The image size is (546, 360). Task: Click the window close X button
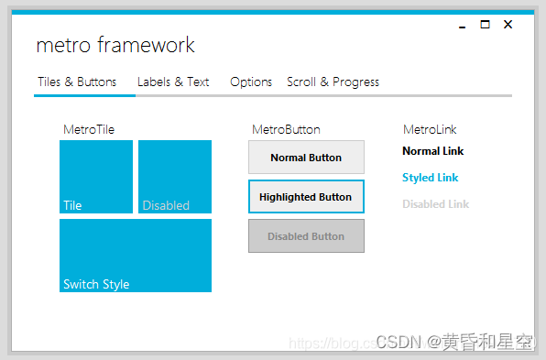(508, 25)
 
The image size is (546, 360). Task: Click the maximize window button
(486, 25)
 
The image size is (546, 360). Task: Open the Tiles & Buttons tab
(77, 82)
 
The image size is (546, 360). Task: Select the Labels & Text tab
(173, 82)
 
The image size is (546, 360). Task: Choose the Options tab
(251, 82)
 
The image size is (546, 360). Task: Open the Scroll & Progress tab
(333, 82)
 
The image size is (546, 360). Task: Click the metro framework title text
(115, 45)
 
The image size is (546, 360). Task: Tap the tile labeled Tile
(96, 177)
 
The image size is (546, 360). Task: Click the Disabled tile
(175, 177)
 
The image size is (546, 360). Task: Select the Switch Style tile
(136, 256)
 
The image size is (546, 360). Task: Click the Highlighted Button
(306, 197)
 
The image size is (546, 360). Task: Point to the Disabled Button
(306, 236)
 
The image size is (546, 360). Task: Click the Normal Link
(433, 151)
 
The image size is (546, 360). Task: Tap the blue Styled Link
(431, 178)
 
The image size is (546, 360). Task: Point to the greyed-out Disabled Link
(435, 204)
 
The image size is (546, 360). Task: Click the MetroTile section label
(89, 129)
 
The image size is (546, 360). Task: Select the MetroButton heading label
(286, 129)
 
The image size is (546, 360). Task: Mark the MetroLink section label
(430, 129)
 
